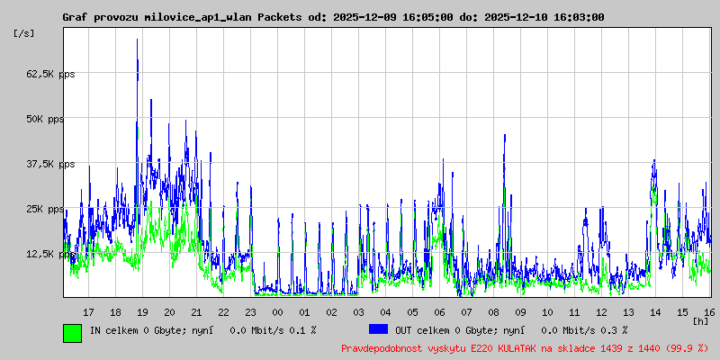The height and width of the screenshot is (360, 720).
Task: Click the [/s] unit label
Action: (x=24, y=32)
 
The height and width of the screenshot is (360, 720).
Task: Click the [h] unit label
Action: (x=700, y=321)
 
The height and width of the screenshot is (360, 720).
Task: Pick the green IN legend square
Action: (x=72, y=332)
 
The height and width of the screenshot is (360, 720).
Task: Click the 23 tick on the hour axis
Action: (x=250, y=312)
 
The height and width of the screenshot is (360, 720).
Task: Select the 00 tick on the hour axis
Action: (x=277, y=312)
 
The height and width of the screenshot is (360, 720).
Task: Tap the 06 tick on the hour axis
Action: (x=439, y=312)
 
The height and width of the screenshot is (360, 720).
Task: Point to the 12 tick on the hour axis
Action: (x=601, y=312)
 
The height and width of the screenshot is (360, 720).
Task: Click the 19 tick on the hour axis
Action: (x=142, y=312)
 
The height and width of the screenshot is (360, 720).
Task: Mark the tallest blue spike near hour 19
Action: (x=137, y=40)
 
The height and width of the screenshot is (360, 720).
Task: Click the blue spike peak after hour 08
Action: (x=505, y=136)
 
